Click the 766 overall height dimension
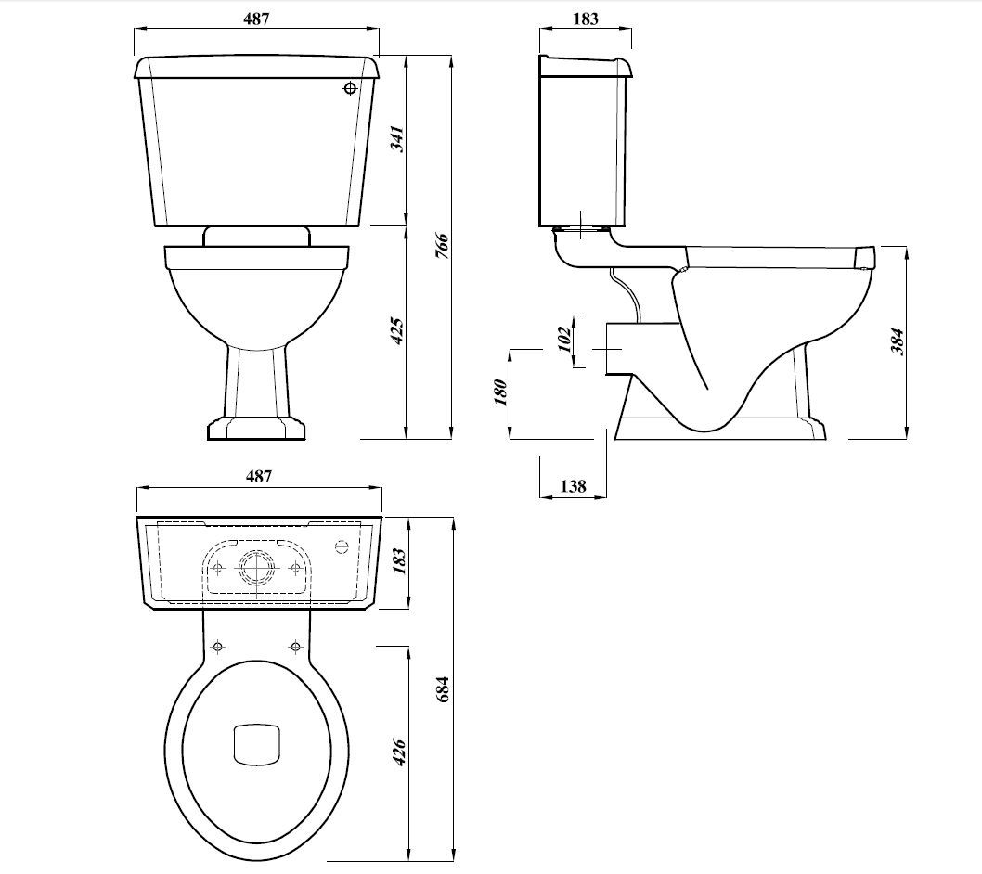443,248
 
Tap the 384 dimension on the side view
896,342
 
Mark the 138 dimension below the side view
574,486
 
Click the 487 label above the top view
258,476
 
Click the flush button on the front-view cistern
350,89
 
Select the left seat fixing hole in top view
218,646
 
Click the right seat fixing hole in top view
296,646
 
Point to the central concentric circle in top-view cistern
255,567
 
